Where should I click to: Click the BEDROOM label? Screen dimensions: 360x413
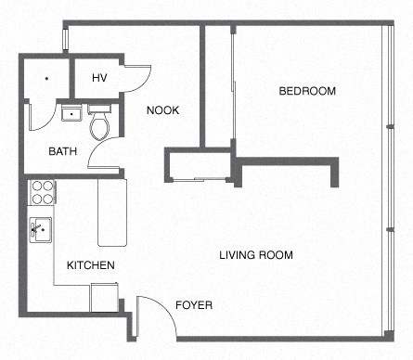coord(306,91)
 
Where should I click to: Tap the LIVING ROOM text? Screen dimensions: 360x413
coord(256,255)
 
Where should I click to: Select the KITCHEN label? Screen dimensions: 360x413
coord(90,265)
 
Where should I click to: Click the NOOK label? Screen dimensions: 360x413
coord(162,110)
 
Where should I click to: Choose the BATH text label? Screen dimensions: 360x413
coord(63,150)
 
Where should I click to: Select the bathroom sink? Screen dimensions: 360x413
coord(71,114)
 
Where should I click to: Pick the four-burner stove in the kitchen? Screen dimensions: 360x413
coord(43,192)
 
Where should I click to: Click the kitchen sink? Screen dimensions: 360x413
coord(41,227)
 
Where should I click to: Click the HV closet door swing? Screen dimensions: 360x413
coord(137,78)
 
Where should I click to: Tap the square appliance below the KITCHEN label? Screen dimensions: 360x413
coord(103,297)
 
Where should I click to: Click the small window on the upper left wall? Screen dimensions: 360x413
coord(65,38)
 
